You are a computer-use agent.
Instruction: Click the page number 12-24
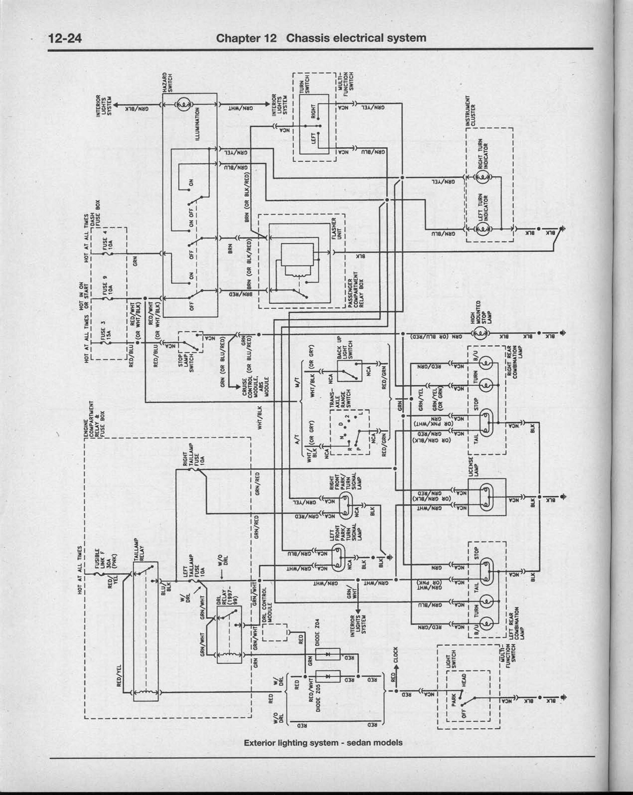[65, 38]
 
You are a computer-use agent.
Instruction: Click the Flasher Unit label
[336, 229]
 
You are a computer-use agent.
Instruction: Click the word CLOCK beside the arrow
[396, 655]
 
